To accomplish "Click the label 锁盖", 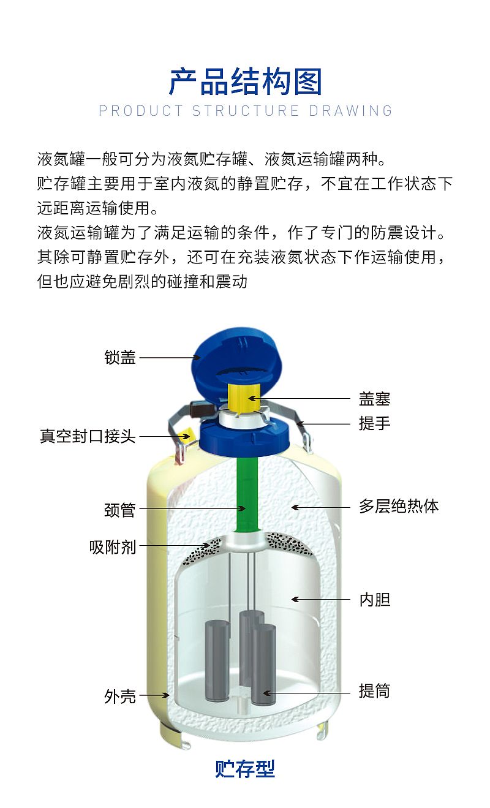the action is (120, 358).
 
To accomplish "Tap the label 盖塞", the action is (374, 399).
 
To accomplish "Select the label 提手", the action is (374, 423).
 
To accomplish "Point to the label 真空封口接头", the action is (88, 436).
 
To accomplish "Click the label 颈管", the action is (120, 510).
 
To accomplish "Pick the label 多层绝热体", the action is (398, 507).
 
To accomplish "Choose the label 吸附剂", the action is (113, 547).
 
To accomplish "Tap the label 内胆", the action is (375, 600).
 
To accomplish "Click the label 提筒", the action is (374, 691).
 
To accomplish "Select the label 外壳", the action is (120, 696).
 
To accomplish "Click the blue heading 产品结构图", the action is (245, 81).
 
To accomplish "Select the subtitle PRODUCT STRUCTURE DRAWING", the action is (246, 111).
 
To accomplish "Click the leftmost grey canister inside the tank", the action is (217, 661).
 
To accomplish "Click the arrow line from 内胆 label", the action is (321, 600).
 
